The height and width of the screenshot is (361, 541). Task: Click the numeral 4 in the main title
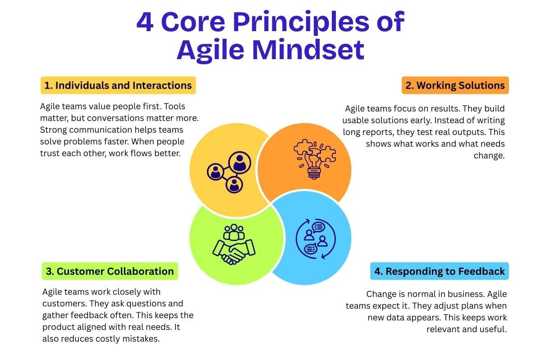(145, 23)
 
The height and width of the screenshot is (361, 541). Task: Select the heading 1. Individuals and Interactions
(118, 85)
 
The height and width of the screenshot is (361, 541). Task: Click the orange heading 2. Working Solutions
(455, 85)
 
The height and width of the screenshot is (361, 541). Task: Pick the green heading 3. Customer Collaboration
(110, 271)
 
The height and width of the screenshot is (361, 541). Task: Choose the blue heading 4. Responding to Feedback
(439, 271)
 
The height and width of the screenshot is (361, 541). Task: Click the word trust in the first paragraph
(51, 154)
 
